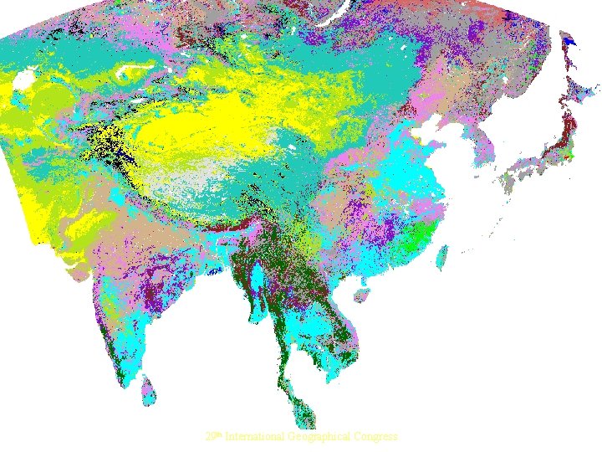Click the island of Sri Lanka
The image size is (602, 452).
(x=148, y=388)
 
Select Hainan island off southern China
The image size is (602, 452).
(x=362, y=295)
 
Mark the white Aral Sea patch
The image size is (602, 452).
(x=23, y=80)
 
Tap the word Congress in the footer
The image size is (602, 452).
(x=376, y=437)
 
